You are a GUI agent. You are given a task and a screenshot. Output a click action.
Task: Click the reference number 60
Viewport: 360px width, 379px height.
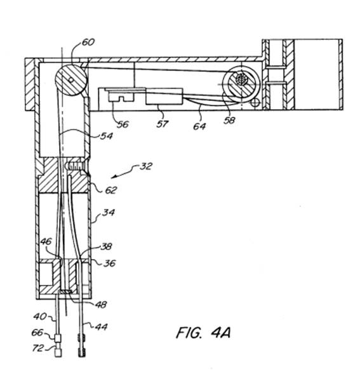88,43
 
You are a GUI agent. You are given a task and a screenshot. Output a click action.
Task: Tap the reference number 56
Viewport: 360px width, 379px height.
123,124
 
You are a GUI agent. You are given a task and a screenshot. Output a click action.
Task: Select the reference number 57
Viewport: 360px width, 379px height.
162,124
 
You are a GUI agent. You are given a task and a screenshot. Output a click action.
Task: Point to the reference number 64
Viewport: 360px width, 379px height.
199,126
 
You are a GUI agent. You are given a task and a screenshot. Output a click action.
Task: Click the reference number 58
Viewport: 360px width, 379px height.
229,120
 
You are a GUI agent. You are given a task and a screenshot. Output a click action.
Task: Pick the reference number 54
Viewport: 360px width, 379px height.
107,136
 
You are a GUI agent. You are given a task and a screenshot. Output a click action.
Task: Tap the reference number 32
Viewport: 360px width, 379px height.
146,166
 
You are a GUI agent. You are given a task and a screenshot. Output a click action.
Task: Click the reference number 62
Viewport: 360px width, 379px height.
110,190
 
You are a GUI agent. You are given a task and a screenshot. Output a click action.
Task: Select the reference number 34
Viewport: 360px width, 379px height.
109,213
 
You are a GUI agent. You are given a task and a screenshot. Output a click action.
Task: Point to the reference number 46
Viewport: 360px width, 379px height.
46,241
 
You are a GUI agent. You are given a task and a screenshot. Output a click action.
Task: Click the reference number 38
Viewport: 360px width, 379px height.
107,246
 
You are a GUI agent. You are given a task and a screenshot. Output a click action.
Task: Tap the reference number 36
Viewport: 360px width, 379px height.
109,263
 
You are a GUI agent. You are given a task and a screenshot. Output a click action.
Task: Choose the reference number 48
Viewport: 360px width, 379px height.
100,305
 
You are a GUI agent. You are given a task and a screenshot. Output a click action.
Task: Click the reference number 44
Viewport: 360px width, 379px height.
101,327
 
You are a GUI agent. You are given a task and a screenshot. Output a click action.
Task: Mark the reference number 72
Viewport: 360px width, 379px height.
38,348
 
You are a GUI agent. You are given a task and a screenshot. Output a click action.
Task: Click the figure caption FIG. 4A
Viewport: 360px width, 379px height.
203,333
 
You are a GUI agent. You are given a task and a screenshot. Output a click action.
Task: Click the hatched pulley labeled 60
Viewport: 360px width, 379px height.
70,80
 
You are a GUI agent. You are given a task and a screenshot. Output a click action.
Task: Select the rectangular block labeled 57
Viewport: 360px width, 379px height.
164,96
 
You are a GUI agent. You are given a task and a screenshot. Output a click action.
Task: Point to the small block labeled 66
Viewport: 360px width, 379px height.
57,338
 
